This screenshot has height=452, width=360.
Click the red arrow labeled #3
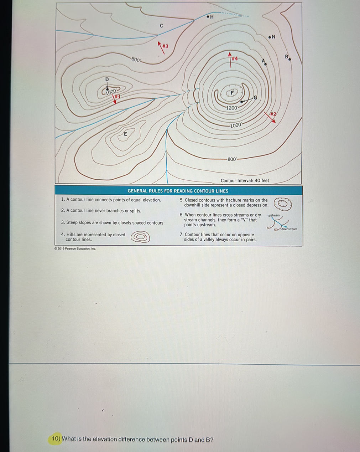(162, 47)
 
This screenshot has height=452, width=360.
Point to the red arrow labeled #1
(115, 99)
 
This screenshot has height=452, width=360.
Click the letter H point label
(212, 17)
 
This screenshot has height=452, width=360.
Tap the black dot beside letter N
(270, 37)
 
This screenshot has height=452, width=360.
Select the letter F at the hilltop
(232, 93)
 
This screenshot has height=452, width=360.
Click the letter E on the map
(125, 134)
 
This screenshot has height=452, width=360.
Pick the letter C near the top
(161, 26)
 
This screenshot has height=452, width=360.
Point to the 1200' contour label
(232, 108)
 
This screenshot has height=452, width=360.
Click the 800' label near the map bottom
(232, 159)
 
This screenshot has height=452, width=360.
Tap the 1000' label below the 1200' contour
(236, 125)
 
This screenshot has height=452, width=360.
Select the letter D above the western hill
(106, 79)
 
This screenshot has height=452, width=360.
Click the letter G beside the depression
(255, 97)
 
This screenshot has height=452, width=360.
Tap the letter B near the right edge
(286, 57)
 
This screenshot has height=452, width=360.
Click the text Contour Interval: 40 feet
(245, 180)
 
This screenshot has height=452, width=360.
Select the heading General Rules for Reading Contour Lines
(178, 191)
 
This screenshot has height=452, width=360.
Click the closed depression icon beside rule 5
(282, 204)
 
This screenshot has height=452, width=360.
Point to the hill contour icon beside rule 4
(140, 237)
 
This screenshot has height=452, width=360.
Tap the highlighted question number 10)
(56, 439)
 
